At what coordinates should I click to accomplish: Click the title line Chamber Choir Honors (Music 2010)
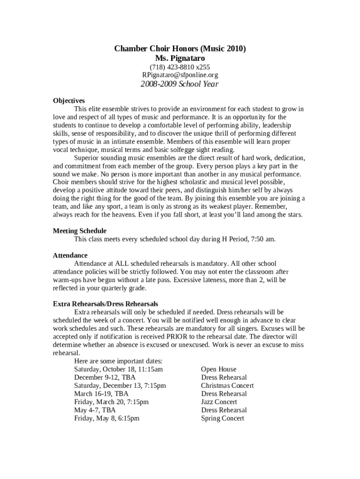click(x=180, y=49)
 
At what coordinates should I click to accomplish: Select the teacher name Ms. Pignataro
click(x=180, y=58)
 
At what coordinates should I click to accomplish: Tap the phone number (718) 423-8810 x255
click(x=180, y=67)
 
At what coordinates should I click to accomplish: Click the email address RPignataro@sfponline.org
click(x=180, y=75)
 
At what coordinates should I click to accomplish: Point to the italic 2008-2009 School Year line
click(x=180, y=85)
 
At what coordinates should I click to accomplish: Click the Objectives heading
click(x=69, y=101)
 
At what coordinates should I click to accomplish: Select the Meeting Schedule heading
click(x=79, y=231)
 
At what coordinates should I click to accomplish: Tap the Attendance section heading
click(x=70, y=255)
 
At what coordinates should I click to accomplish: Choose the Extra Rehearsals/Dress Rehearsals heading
click(x=105, y=304)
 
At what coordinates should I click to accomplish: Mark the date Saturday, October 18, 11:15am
click(x=118, y=370)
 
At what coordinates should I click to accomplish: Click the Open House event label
click(x=218, y=370)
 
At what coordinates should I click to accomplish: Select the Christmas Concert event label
click(x=227, y=386)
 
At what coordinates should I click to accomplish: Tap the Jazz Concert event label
click(x=219, y=402)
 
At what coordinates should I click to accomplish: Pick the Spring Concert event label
click(x=222, y=418)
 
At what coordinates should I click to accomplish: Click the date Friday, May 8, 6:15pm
click(x=107, y=418)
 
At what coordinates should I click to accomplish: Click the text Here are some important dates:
click(x=118, y=361)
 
